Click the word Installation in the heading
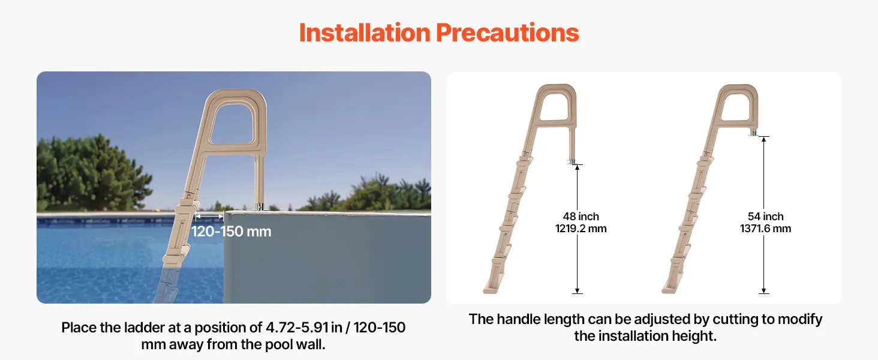point(365,32)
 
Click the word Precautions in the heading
point(507,32)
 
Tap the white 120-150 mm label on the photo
point(231,232)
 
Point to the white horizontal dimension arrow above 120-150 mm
point(209,216)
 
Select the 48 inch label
point(581,217)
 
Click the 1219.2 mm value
point(581,229)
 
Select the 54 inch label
point(765,217)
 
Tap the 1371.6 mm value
point(765,229)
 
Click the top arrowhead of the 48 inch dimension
point(578,167)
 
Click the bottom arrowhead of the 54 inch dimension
point(764,290)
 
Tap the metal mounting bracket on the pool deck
point(260,206)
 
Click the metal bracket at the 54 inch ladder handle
point(753,133)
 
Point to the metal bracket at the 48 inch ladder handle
point(572,161)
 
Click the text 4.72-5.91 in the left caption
point(297,328)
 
